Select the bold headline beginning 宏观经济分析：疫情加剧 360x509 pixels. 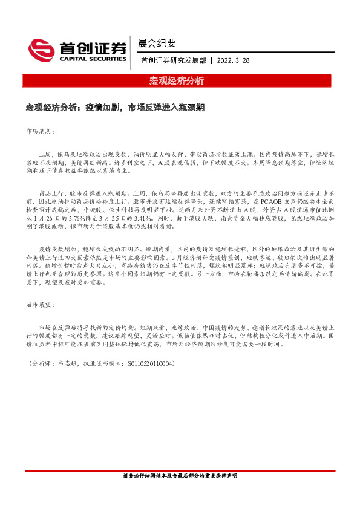tap(114, 107)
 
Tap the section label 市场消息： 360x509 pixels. tap(41, 131)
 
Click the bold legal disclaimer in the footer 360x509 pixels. tap(180, 476)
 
